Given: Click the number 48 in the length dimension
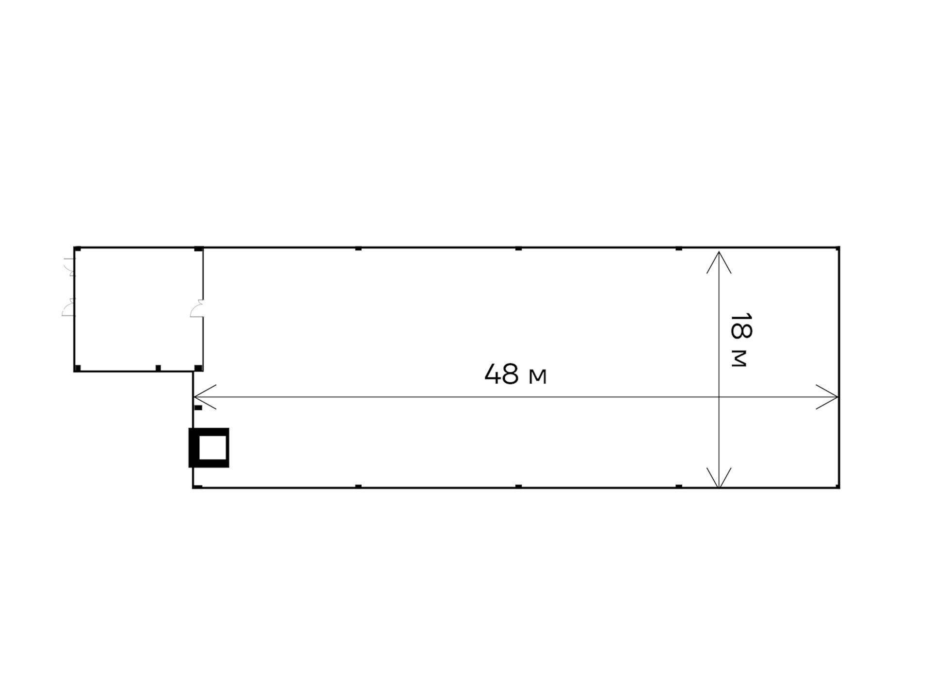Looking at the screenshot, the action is click(501, 374).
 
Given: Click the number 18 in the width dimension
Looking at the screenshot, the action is click(741, 326).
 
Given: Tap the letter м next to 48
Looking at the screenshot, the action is click(537, 377).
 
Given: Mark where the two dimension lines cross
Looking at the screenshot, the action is click(719, 397).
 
